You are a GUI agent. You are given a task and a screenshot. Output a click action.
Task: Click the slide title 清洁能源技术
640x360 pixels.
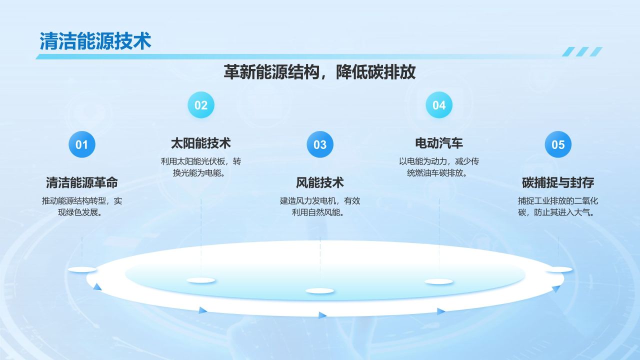click(x=95, y=41)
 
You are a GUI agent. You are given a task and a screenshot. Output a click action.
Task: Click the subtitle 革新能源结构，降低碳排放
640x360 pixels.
click(x=319, y=72)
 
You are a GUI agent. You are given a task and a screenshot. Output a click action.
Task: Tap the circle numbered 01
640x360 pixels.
click(x=82, y=144)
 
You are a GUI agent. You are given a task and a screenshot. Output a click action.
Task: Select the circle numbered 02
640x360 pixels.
click(x=201, y=105)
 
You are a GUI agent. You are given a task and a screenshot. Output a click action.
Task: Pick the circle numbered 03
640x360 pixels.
click(x=320, y=144)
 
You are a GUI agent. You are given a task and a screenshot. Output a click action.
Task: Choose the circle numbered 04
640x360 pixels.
click(x=439, y=105)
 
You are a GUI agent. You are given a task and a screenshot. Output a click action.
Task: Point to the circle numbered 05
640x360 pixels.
click(x=558, y=144)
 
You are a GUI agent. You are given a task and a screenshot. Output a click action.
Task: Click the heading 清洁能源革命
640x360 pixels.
click(x=82, y=183)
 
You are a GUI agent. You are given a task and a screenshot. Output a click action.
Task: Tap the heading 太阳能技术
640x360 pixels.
click(x=201, y=143)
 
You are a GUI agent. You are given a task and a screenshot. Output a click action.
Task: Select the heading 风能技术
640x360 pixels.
click(x=320, y=183)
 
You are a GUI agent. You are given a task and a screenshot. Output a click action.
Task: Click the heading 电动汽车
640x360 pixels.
click(x=439, y=143)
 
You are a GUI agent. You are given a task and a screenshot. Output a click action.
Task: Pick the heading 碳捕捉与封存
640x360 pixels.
click(x=558, y=183)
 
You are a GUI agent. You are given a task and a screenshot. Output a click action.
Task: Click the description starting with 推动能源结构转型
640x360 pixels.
click(x=82, y=206)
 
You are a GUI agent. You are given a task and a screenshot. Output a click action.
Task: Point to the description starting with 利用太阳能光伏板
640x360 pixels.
click(x=201, y=167)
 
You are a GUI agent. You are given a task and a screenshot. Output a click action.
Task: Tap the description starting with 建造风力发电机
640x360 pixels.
click(x=320, y=206)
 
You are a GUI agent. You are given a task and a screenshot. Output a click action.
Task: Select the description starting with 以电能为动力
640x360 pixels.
click(x=439, y=167)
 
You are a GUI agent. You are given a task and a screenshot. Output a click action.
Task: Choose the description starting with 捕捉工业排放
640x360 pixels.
click(x=558, y=206)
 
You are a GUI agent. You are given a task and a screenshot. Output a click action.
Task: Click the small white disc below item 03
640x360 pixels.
click(x=320, y=291)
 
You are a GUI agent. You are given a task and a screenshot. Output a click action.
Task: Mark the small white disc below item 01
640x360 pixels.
click(x=82, y=269)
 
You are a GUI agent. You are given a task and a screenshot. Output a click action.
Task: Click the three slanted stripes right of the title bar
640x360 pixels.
click(x=582, y=51)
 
